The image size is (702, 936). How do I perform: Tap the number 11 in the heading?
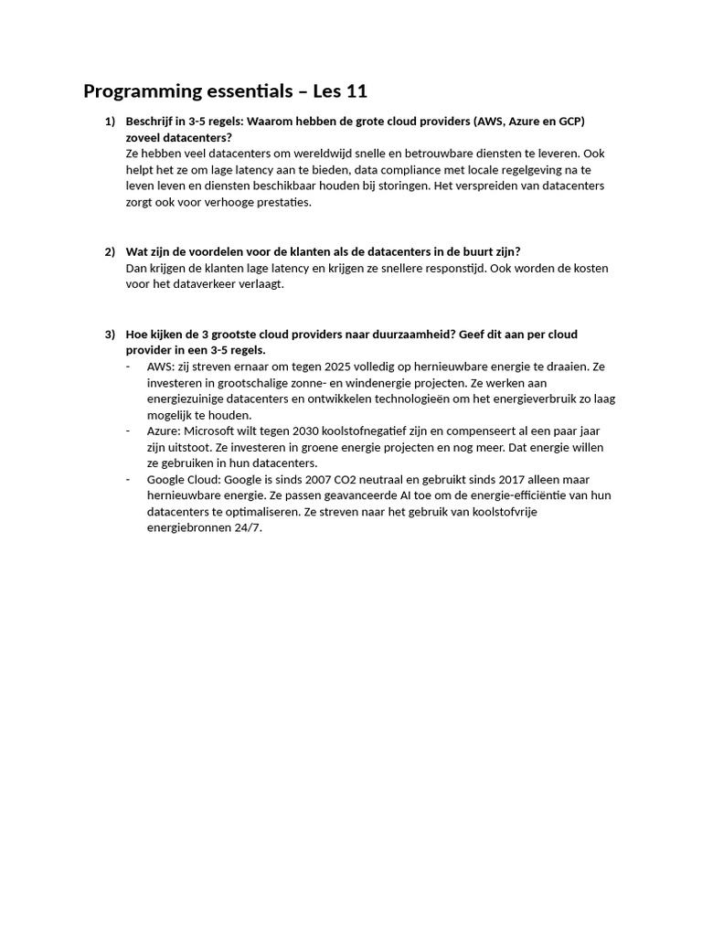coord(356,91)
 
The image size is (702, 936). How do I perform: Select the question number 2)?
coord(110,252)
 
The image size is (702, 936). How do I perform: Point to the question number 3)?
coord(110,335)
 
